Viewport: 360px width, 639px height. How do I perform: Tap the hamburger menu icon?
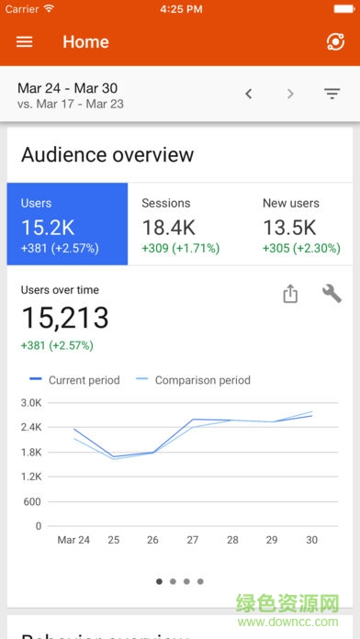coord(25,42)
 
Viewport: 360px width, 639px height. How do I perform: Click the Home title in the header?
coord(85,42)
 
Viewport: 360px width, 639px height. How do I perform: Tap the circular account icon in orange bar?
coord(334,42)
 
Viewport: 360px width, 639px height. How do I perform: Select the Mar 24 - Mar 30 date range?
coord(68,89)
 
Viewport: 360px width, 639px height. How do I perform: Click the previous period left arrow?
coord(249,94)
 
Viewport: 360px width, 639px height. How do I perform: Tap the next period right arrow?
coord(290,94)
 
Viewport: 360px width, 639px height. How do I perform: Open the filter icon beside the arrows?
coord(332,94)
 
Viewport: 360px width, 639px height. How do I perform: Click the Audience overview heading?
coord(107,154)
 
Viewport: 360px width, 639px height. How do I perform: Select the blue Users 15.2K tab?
coord(67,225)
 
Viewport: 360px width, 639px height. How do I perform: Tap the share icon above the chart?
coord(290,294)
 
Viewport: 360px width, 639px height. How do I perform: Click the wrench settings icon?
coord(332,294)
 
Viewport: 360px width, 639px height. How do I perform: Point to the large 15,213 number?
coord(65,318)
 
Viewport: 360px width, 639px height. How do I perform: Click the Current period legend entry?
coord(74,380)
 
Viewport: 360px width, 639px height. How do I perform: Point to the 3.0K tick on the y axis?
coord(31,402)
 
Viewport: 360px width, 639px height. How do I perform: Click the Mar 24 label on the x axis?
coord(74,540)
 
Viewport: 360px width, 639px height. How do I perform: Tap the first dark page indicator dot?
coord(160,581)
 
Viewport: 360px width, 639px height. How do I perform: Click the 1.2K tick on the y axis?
coord(31,476)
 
